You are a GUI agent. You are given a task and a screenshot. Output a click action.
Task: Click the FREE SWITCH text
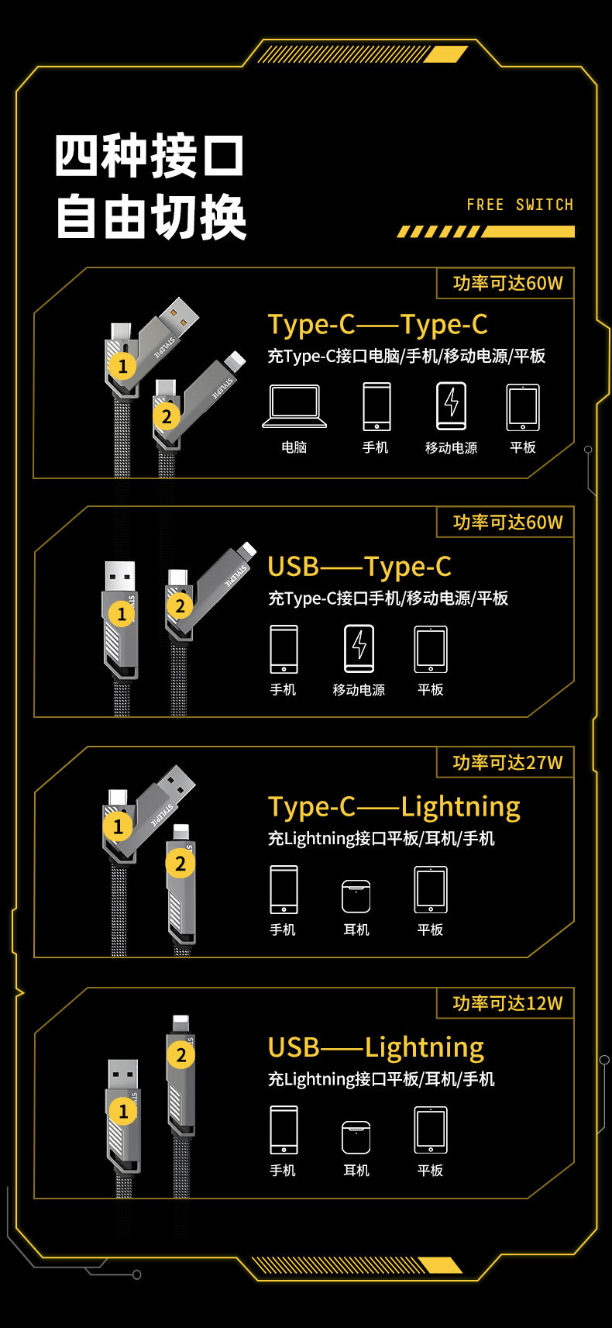pos(520,205)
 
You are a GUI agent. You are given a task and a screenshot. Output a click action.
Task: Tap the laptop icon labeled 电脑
pos(294,405)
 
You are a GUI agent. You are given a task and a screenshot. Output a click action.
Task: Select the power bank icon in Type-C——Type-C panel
pos(451,405)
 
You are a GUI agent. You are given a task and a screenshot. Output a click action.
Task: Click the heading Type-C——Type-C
pos(377,325)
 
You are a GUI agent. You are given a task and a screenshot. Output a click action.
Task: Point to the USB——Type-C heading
pos(359,567)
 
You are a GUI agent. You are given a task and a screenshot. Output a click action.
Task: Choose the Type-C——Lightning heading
pos(394,807)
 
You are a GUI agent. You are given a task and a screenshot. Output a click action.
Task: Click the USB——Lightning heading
pos(376,1047)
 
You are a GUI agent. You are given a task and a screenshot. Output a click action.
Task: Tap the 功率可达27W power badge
pos(507,762)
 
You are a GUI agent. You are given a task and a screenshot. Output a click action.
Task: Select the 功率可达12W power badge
pos(507,1003)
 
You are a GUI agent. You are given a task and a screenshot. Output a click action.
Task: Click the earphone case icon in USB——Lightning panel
pos(356,1137)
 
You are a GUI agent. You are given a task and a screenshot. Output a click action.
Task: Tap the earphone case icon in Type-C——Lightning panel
pos(356,897)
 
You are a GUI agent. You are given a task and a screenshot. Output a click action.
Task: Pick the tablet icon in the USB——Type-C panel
pos(431,649)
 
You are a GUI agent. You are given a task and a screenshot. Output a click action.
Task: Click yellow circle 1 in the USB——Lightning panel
pos(122,1111)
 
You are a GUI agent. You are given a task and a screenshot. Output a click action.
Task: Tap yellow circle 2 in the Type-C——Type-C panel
pos(166,416)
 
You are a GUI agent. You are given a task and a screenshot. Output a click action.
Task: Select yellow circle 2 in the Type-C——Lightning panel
pos(181,863)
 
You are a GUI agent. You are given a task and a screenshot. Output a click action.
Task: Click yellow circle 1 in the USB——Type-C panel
pos(121,614)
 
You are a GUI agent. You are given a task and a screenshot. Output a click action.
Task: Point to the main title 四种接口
pos(150,156)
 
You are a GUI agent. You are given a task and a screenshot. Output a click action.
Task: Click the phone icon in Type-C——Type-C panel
pos(376,405)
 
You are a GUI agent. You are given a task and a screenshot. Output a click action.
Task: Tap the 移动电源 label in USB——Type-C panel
pos(359,690)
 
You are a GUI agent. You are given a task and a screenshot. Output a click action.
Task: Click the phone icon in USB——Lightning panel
pos(284,1130)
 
